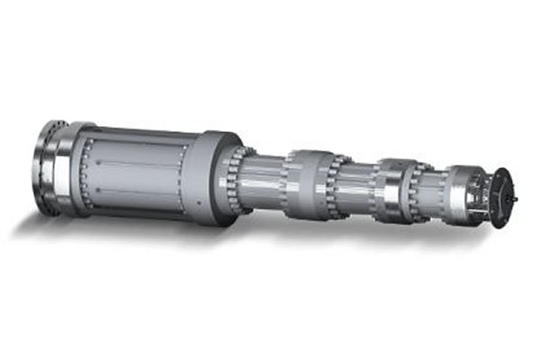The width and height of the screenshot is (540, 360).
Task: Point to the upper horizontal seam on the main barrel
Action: coord(135,163)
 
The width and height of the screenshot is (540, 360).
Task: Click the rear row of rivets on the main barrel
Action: coord(85,175)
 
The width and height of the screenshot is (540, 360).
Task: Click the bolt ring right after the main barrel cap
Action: coord(236,180)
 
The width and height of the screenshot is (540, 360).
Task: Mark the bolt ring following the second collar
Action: coord(419,190)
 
